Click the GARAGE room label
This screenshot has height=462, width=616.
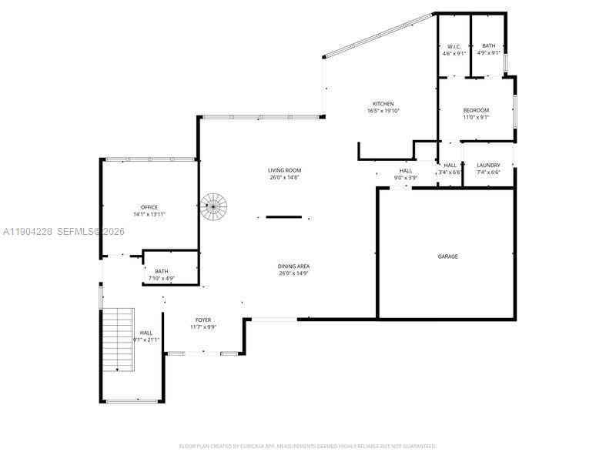[448, 256]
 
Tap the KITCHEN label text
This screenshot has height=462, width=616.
[383, 104]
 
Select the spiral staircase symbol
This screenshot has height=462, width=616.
[214, 206]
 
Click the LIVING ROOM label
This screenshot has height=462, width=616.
[284, 170]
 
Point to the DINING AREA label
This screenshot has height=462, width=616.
[293, 266]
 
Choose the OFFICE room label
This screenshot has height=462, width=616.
[149, 207]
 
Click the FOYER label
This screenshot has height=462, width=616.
[203, 320]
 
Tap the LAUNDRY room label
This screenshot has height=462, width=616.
[488, 165]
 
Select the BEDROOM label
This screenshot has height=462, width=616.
[476, 110]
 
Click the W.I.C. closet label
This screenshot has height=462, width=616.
[454, 46]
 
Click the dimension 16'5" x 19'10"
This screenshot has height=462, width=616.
[383, 111]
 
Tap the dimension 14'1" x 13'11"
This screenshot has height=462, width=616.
[149, 214]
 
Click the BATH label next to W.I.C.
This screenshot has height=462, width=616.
[489, 46]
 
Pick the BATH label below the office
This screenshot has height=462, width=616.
[162, 271]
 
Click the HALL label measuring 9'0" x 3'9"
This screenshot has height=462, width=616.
[406, 171]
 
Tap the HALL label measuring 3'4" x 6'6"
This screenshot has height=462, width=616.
[450, 165]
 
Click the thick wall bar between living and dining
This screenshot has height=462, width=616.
[283, 217]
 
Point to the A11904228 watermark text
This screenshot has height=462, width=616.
[27, 231]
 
